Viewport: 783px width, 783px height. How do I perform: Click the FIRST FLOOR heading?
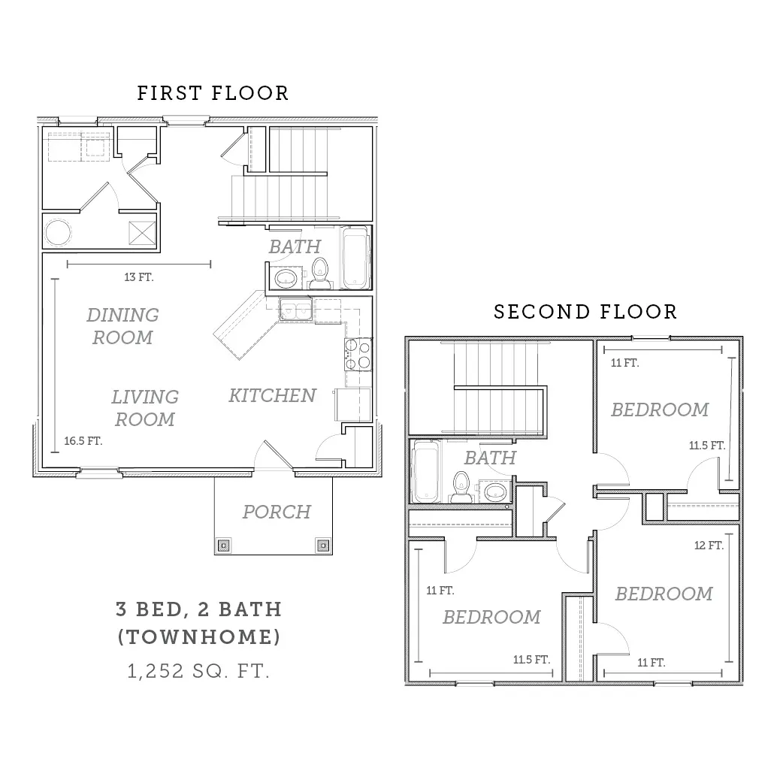tap(213, 93)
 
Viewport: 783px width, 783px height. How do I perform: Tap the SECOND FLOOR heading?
tap(585, 312)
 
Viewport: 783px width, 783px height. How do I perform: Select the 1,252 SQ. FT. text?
tap(198, 671)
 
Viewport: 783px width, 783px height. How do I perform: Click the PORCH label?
tap(277, 512)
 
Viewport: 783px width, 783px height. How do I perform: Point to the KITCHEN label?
tap(272, 395)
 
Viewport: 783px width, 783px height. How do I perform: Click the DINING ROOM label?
tap(122, 326)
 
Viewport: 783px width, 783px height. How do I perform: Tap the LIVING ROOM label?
tap(145, 408)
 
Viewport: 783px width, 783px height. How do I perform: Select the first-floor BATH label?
tap(295, 246)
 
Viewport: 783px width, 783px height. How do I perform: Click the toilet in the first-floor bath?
tap(319, 274)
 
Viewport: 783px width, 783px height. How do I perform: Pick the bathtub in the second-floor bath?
tap(426, 471)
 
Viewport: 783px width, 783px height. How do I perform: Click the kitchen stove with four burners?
tap(358, 354)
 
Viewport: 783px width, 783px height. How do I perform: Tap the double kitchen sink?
tap(295, 310)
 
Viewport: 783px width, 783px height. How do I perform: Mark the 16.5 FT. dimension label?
tap(83, 441)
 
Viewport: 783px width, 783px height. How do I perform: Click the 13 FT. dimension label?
tap(139, 277)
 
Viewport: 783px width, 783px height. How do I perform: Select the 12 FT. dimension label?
tap(709, 546)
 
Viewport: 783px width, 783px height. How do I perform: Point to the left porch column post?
tap(224, 546)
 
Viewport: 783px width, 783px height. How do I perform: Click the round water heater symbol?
tap(58, 232)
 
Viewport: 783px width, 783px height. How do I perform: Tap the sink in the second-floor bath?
tap(495, 491)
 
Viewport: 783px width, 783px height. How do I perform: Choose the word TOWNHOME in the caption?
tap(199, 637)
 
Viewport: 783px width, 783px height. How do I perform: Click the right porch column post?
tap(323, 546)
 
